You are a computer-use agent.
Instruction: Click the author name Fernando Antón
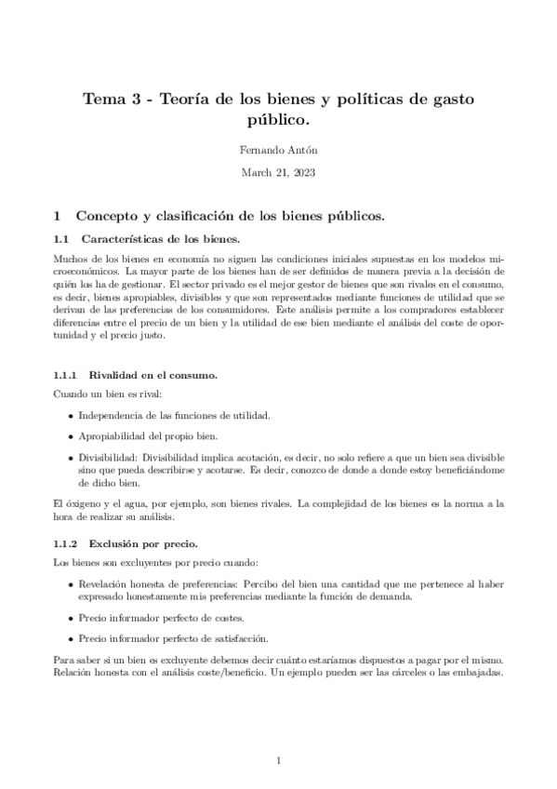pos(278,150)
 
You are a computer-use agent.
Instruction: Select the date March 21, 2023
pos(278,173)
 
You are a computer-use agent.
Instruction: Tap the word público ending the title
pos(277,120)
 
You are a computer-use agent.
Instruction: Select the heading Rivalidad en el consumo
pos(152,374)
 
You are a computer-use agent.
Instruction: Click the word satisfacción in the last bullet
pos(240,638)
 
